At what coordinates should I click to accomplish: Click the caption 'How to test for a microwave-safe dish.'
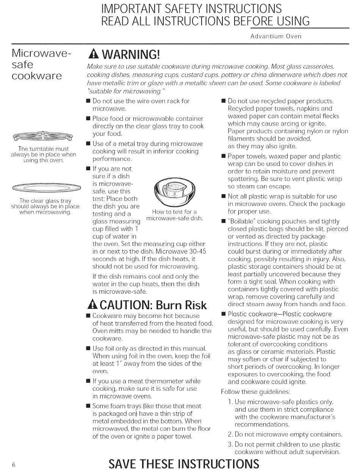pyautogui.click(x=174, y=215)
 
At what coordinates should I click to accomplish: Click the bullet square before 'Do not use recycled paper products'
pyautogui.click(x=223, y=101)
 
